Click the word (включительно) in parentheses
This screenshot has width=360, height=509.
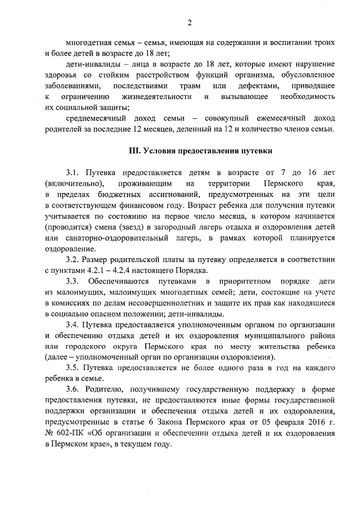(74, 183)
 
